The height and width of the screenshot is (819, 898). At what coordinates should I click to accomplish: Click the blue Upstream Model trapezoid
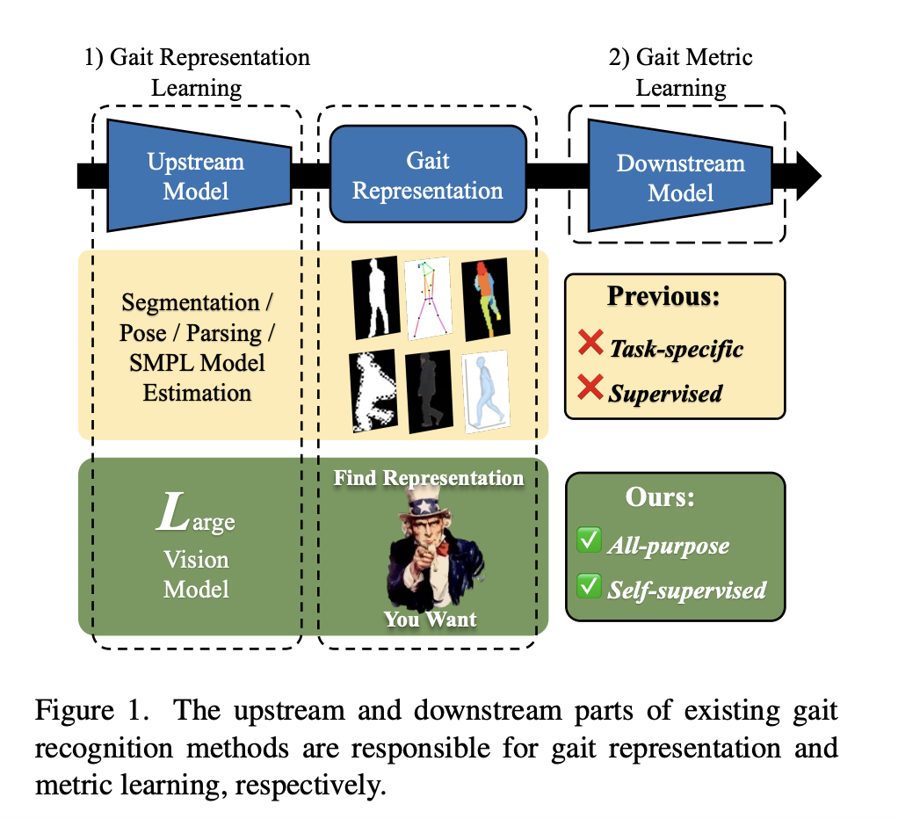pyautogui.click(x=196, y=175)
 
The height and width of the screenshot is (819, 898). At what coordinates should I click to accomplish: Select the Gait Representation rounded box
pyautogui.click(x=428, y=176)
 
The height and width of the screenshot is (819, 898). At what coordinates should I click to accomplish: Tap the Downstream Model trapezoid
pyautogui.click(x=679, y=176)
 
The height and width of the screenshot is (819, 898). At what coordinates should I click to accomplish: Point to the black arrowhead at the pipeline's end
pyautogui.click(x=807, y=176)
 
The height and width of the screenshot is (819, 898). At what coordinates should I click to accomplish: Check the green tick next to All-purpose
pyautogui.click(x=588, y=542)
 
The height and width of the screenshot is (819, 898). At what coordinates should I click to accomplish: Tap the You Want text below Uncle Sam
pyautogui.click(x=430, y=619)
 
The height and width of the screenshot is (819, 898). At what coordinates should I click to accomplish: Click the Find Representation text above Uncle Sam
pyautogui.click(x=429, y=478)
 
